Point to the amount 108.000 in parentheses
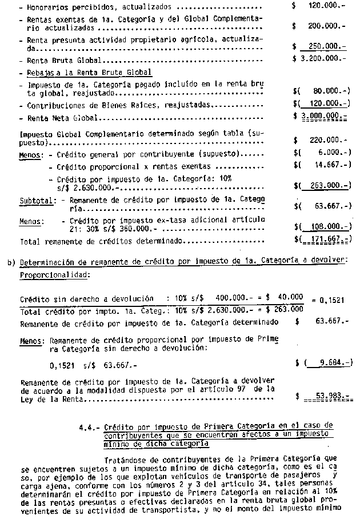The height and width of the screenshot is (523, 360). [x=325, y=227]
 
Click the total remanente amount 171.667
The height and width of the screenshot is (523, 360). [x=325, y=241]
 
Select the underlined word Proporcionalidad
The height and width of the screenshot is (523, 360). [x=53, y=274]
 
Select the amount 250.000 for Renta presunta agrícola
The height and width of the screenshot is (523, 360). [x=324, y=46]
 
